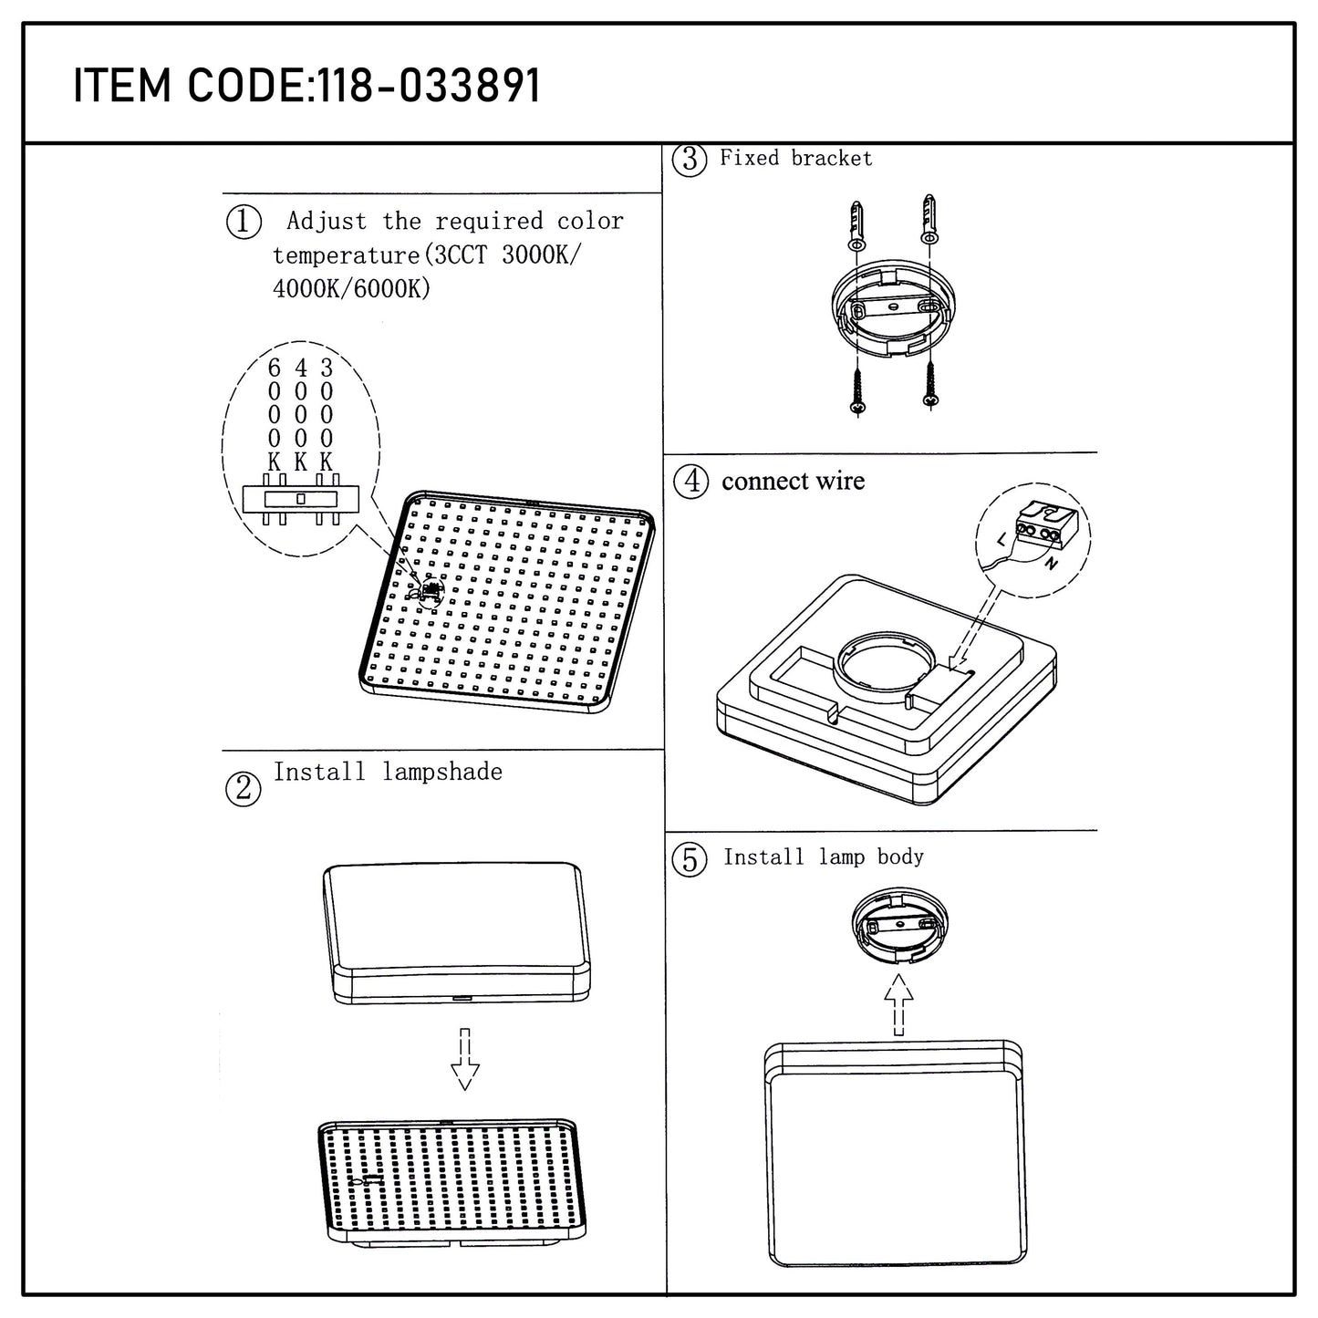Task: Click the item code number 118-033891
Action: coord(429,86)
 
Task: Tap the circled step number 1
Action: coord(244,222)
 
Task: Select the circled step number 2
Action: coord(244,789)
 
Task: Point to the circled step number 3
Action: coord(690,160)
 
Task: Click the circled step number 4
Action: coord(690,482)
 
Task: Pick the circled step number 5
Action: coord(690,860)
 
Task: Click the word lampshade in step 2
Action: coord(442,773)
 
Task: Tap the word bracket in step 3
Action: coord(832,159)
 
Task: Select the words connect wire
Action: coord(794,482)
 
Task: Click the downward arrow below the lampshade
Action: coord(465,1059)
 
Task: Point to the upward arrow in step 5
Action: coord(898,1004)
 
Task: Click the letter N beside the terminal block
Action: coord(1052,564)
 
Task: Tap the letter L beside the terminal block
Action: coord(1002,540)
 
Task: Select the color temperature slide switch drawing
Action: coord(301,499)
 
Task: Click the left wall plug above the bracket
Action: coord(856,225)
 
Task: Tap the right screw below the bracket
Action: coord(929,384)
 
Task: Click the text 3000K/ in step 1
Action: coord(541,255)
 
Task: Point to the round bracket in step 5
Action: coord(900,926)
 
